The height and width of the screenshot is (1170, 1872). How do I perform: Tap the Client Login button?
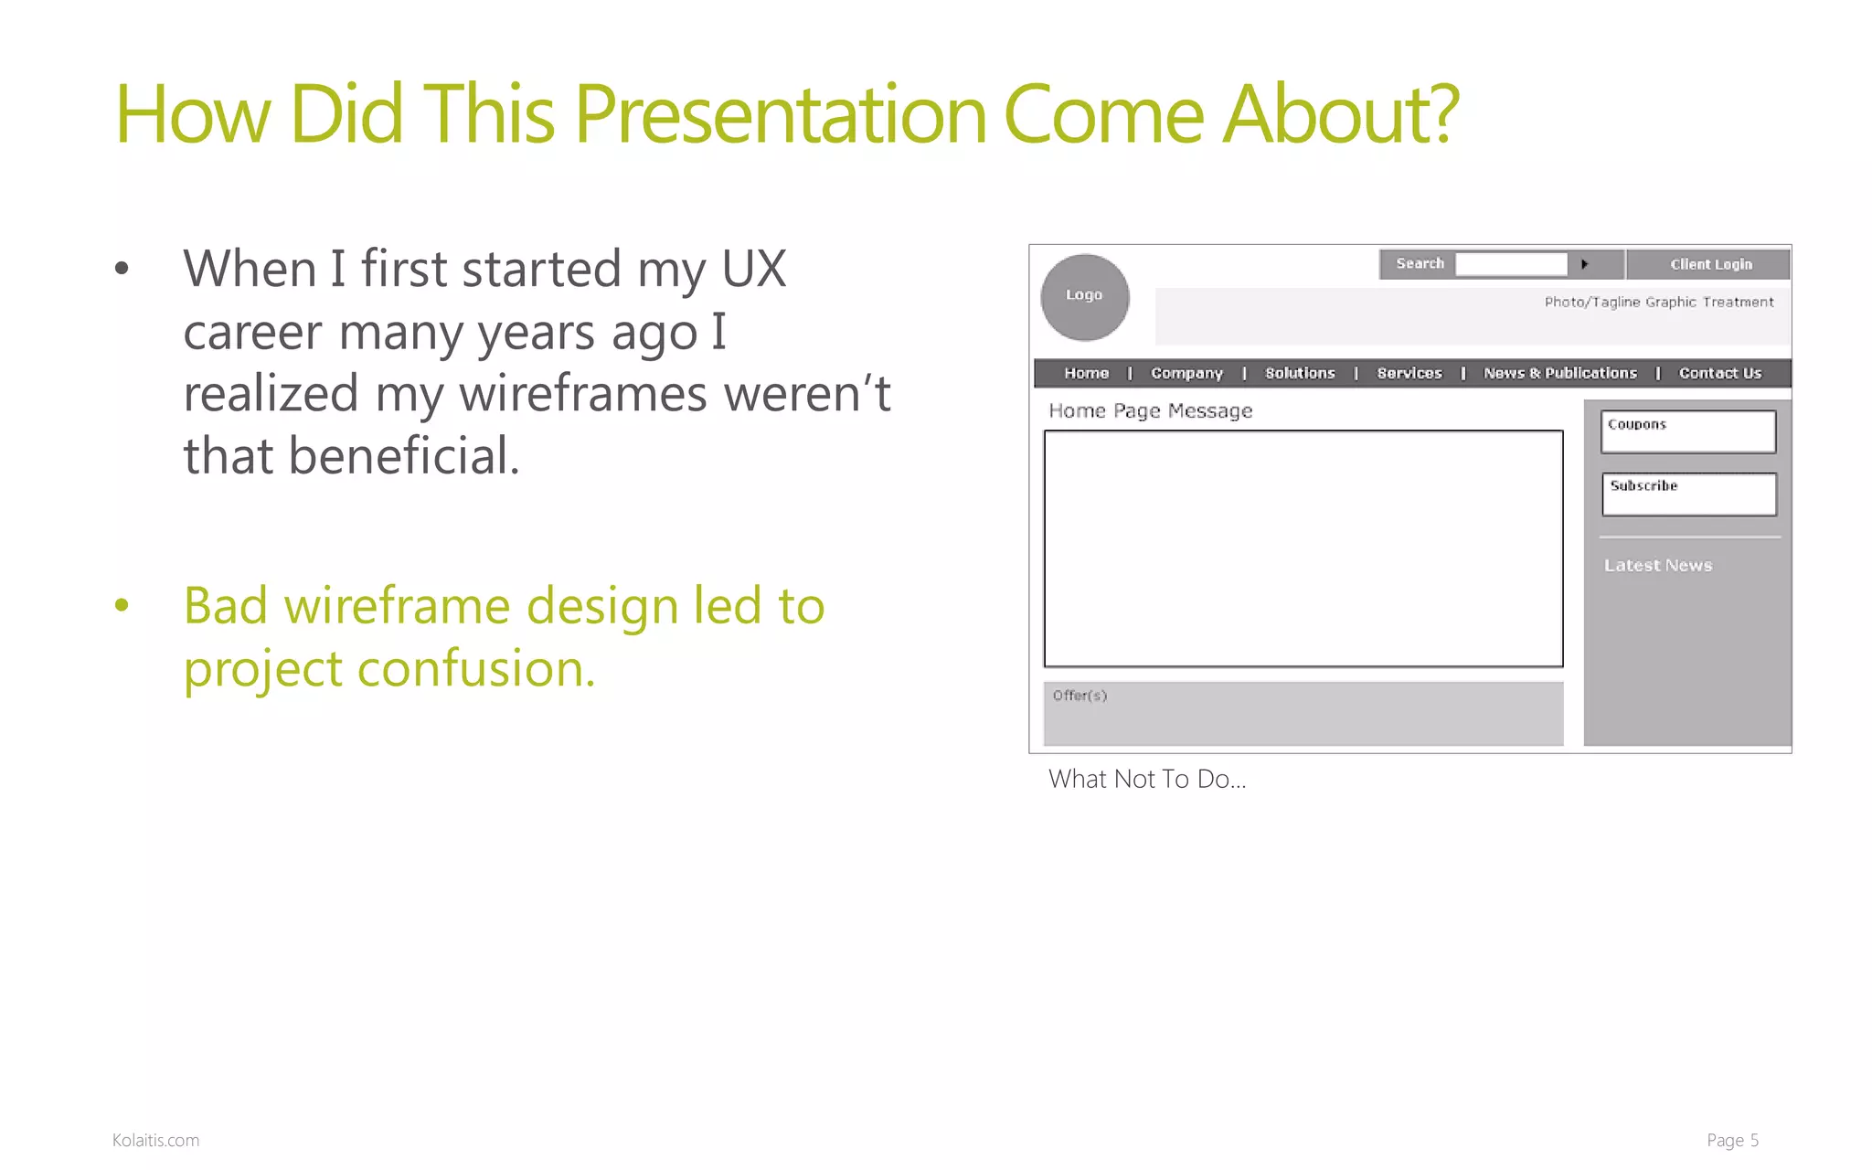coord(1710,264)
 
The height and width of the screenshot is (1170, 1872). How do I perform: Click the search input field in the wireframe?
coord(1511,264)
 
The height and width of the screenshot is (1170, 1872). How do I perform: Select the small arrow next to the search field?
coord(1585,264)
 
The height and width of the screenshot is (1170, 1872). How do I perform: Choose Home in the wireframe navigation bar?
coord(1086,373)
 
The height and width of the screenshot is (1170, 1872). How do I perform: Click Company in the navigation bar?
coord(1186,373)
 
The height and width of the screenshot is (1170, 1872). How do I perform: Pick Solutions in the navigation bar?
coord(1300,373)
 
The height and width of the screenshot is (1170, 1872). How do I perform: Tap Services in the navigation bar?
coord(1409,373)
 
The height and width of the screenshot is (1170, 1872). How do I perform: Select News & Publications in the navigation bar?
coord(1560,373)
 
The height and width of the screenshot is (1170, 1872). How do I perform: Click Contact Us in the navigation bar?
coord(1719,373)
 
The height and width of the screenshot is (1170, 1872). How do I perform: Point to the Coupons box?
coord(1688,431)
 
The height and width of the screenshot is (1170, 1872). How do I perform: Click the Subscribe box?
coord(1689,494)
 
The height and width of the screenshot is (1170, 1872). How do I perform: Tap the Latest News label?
coord(1658,566)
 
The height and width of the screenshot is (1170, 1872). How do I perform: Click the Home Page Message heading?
coord(1150,411)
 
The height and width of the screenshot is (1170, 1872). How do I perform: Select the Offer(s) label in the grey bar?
coord(1080,696)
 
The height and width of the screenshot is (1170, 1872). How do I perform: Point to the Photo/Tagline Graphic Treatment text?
coord(1658,303)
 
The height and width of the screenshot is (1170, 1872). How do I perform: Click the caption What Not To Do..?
coord(1146,779)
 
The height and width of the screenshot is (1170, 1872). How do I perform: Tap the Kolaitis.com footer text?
coord(155,1140)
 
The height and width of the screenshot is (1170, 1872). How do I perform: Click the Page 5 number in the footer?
coord(1732,1140)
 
